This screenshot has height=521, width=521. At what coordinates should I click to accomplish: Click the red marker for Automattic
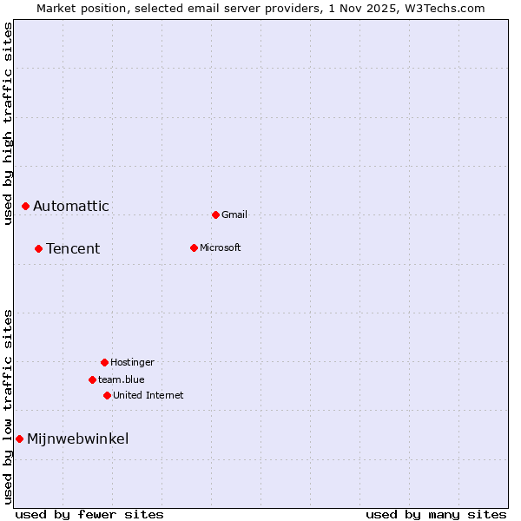point(26,206)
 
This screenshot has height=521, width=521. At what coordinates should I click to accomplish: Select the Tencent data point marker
point(38,248)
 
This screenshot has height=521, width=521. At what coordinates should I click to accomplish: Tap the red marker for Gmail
point(215,214)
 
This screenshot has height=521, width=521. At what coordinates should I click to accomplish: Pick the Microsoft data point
point(194,247)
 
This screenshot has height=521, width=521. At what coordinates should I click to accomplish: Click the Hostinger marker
point(104,362)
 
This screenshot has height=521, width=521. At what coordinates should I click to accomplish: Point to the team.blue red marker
point(92,379)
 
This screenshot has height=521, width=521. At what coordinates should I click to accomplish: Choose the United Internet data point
point(107,395)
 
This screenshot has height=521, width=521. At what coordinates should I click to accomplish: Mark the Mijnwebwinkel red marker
point(19,439)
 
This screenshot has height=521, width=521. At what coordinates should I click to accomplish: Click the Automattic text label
point(71,206)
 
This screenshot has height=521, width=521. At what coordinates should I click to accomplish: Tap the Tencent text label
point(73,248)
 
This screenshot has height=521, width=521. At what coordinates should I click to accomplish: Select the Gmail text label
point(234,214)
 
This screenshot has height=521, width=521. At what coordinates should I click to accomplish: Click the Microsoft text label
point(221,247)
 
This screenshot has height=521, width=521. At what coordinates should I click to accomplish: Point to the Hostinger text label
point(132,362)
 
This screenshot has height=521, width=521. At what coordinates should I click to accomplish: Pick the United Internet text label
point(148,395)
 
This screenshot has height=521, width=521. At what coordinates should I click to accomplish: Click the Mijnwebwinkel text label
point(78,439)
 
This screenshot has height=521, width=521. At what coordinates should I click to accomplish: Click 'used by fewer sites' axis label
point(89,514)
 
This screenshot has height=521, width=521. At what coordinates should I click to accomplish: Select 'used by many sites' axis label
point(436,514)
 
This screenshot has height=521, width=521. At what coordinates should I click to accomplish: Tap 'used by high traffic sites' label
point(8,123)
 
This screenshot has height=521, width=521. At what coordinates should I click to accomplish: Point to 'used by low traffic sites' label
point(8,406)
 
